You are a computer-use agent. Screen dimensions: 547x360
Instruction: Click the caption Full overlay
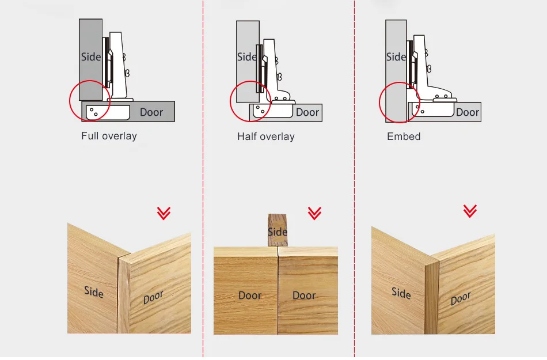[x=109, y=136]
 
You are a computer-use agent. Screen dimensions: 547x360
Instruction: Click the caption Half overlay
[x=266, y=137]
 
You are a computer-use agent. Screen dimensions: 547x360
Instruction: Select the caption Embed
[x=404, y=137]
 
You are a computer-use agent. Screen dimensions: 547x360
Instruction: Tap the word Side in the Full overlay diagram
[x=91, y=56]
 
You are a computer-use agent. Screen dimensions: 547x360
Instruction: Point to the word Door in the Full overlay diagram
[x=151, y=112]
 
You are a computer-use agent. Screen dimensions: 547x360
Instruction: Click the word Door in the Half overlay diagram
[x=307, y=112]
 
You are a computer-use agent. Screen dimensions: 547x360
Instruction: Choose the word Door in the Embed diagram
[x=468, y=112]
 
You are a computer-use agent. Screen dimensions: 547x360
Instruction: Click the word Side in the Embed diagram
[x=396, y=56]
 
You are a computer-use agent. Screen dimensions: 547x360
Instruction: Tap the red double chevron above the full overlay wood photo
[x=164, y=213]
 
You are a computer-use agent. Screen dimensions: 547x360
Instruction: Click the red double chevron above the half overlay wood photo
[x=314, y=213]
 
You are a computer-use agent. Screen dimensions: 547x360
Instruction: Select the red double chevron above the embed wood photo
[x=470, y=211]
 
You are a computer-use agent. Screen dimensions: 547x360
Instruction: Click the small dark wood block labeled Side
[x=278, y=230]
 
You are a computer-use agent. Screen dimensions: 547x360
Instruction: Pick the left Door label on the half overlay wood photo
[x=250, y=295]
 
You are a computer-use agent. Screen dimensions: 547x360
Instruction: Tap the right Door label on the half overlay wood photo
[x=304, y=295]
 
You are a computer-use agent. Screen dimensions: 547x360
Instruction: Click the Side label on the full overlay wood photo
[x=94, y=292]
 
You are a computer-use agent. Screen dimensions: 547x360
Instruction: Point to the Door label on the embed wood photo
[x=461, y=298]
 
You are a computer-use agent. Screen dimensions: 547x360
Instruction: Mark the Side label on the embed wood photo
[x=401, y=293]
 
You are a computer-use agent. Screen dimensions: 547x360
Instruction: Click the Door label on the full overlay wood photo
[x=153, y=297]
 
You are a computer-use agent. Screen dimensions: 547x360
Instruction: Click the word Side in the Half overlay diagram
[x=247, y=56]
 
